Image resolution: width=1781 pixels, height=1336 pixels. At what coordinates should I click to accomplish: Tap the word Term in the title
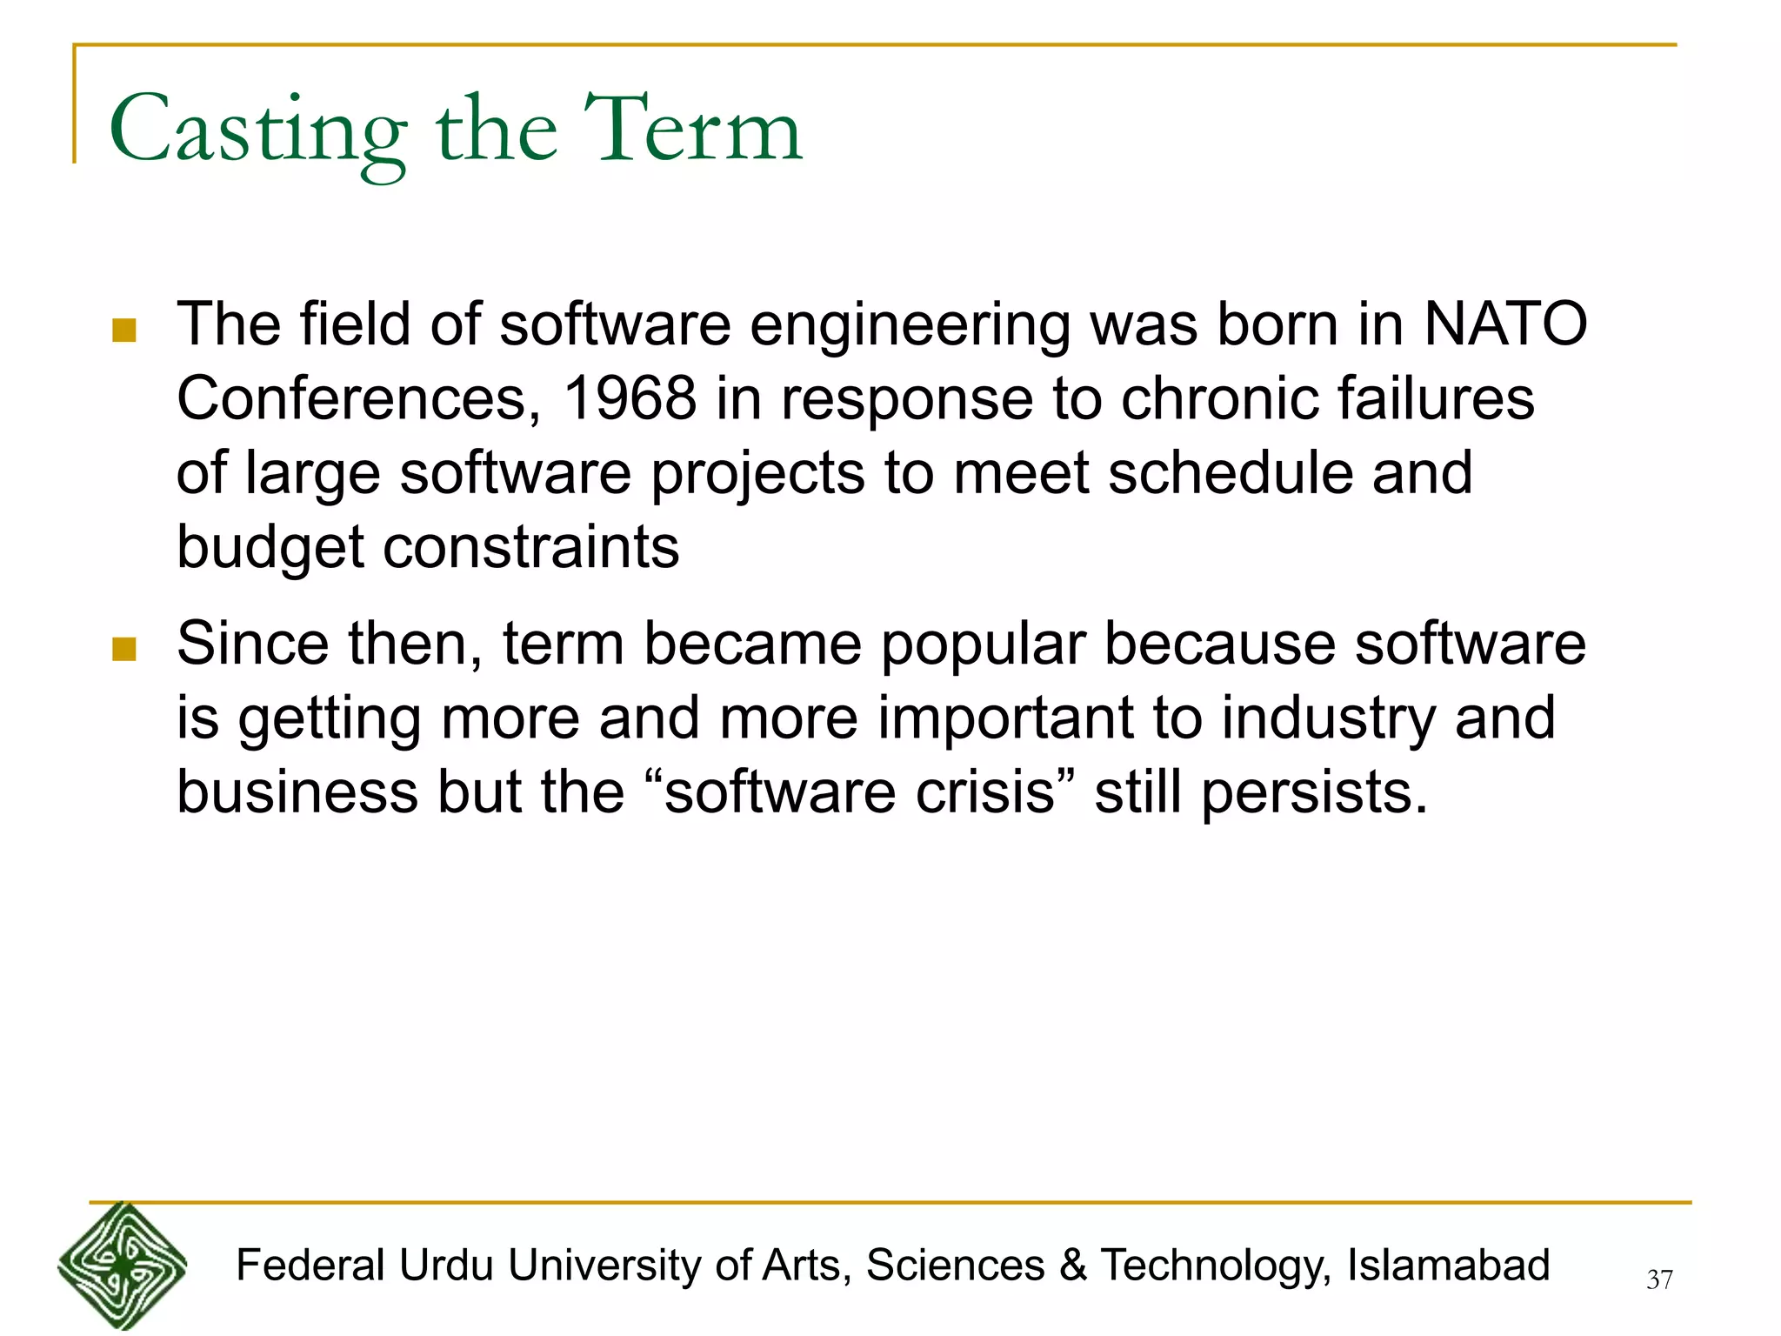click(x=692, y=130)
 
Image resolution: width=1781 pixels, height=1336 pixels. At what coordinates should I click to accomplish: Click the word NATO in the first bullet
click(x=1505, y=324)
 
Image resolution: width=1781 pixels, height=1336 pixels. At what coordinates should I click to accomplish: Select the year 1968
click(x=630, y=399)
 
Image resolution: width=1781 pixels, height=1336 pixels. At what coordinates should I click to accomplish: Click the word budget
click(x=270, y=548)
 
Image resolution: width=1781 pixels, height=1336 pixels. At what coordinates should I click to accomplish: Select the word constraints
click(x=531, y=548)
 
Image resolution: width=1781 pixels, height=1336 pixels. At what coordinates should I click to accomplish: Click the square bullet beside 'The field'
click(x=124, y=331)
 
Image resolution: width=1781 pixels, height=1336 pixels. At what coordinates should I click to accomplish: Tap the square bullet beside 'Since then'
click(x=124, y=650)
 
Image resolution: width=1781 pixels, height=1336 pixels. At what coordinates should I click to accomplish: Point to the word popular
click(x=984, y=645)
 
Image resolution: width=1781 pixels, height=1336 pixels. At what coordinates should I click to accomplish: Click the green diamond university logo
click(x=122, y=1266)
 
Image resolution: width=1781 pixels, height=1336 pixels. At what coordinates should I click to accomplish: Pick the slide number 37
click(x=1659, y=1279)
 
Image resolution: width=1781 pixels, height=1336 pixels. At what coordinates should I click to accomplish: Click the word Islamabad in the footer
click(x=1448, y=1266)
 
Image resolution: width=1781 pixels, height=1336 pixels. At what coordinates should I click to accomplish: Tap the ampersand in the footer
click(x=1072, y=1266)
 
